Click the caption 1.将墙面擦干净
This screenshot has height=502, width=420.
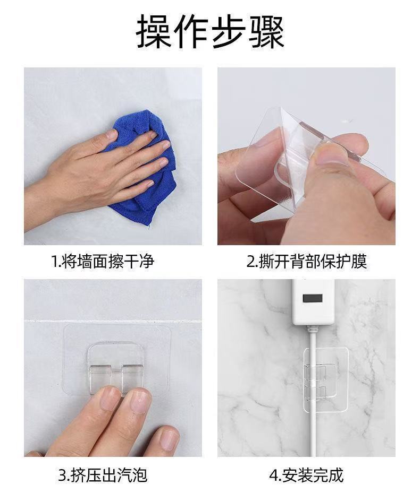103,261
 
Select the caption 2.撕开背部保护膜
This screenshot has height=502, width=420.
306,261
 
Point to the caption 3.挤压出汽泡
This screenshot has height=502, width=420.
103,475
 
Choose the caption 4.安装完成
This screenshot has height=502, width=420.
306,475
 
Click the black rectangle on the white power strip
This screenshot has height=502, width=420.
312,298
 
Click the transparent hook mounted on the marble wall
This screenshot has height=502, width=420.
326,380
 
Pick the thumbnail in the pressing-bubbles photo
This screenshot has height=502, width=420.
169,439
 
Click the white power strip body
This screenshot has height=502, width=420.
313,302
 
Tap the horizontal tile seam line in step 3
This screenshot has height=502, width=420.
113,321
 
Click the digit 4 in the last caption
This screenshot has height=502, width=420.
273,475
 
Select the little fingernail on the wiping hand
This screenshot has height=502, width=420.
149,184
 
